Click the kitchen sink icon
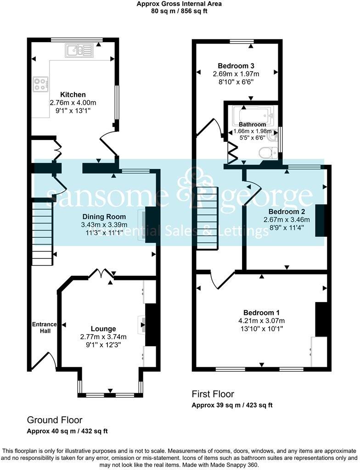(x=79, y=50)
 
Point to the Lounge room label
(x=103, y=329)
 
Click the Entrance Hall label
(x=45, y=328)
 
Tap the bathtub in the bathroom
(x=253, y=113)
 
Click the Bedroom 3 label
(x=236, y=65)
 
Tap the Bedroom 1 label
(x=261, y=312)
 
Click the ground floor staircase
(x=42, y=234)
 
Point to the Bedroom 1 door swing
(x=220, y=280)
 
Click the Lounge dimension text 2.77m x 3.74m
(x=103, y=337)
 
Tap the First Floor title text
(x=213, y=394)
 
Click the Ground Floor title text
(x=55, y=420)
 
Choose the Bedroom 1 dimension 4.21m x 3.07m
(x=261, y=320)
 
